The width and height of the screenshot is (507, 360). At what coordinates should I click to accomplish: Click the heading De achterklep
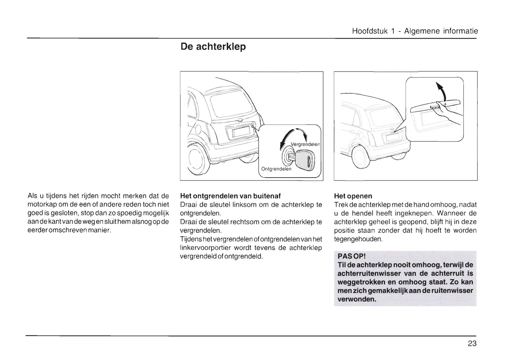coord(213,47)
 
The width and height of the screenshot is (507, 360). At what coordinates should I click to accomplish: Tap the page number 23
coord(472,344)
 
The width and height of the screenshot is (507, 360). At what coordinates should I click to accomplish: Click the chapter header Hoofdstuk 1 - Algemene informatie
coord(415,31)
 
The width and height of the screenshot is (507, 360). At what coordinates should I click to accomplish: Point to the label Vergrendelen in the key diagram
coord(305,145)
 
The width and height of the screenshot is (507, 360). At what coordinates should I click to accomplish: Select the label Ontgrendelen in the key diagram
coord(276,169)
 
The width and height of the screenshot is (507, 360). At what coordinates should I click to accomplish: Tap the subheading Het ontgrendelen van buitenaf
coord(230,196)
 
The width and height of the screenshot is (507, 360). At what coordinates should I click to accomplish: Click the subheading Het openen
coord(353,196)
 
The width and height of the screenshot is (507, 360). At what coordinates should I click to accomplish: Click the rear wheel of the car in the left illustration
coord(198,160)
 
